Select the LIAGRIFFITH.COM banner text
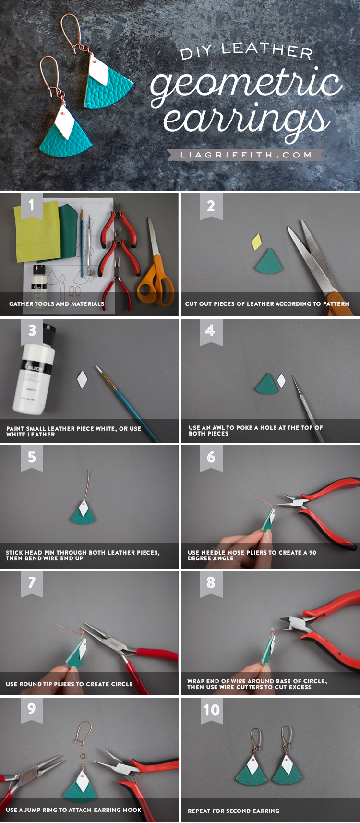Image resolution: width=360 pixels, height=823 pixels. (246, 155)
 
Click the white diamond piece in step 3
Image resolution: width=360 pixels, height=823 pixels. (83, 380)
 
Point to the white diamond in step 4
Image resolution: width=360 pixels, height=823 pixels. (281, 381)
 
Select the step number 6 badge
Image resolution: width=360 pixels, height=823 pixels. (211, 458)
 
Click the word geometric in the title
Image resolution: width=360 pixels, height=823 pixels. (246, 85)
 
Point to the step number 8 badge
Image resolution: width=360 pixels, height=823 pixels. (211, 583)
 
